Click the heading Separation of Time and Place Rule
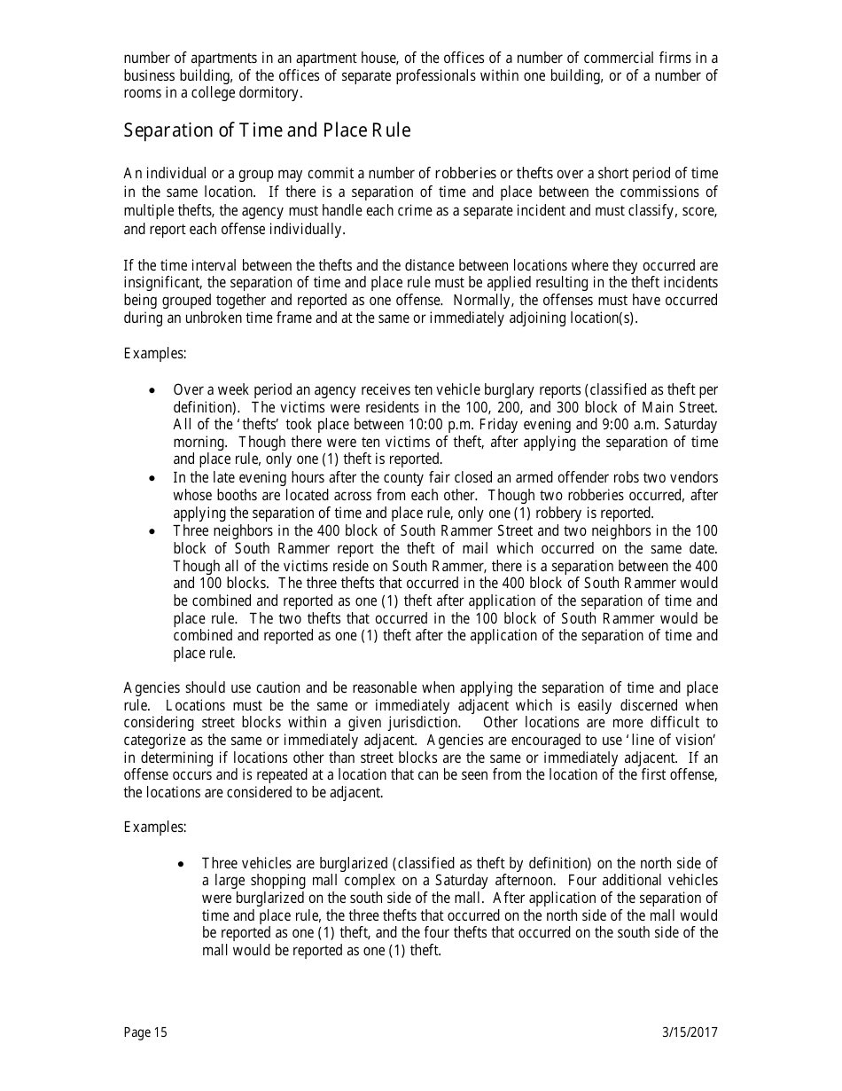(267, 130)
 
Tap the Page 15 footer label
(145, 1032)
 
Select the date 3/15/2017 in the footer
(690, 1032)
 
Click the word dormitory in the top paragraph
(271, 93)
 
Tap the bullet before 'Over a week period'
(153, 389)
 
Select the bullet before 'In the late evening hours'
(153, 477)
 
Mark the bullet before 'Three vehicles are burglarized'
(182, 863)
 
